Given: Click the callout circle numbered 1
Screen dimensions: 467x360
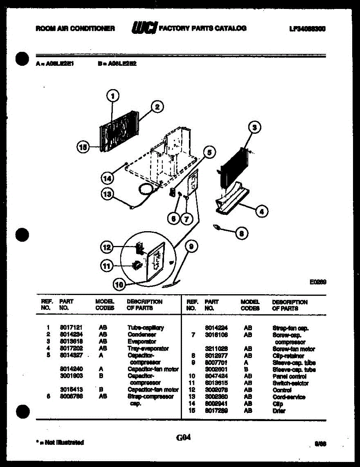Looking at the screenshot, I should pyautogui.click(x=113, y=96).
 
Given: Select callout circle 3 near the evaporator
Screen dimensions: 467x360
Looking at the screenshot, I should pyautogui.click(x=254, y=128).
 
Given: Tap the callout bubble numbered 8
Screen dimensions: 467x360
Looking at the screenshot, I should pyautogui.click(x=241, y=233).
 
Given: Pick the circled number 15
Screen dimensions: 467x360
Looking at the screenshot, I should pyautogui.click(x=82, y=147).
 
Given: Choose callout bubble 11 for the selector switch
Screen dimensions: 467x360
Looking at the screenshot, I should pyautogui.click(x=107, y=266).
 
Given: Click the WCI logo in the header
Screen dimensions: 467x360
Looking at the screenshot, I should pyautogui.click(x=144, y=28).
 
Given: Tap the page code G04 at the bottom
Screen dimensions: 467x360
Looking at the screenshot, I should pyautogui.click(x=183, y=437).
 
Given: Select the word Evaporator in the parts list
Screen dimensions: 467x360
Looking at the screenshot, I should pyautogui.click(x=142, y=341).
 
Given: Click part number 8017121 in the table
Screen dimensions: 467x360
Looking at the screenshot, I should pyautogui.click(x=71, y=328).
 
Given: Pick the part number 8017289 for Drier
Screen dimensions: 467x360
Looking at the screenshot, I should pyautogui.click(x=216, y=411).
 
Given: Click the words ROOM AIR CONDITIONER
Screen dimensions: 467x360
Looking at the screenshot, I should pyautogui.click(x=75, y=28).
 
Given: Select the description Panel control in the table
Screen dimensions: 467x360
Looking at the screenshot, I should pyautogui.click(x=289, y=376).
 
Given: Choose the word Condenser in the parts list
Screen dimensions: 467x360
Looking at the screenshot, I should pyautogui.click(x=142, y=334).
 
